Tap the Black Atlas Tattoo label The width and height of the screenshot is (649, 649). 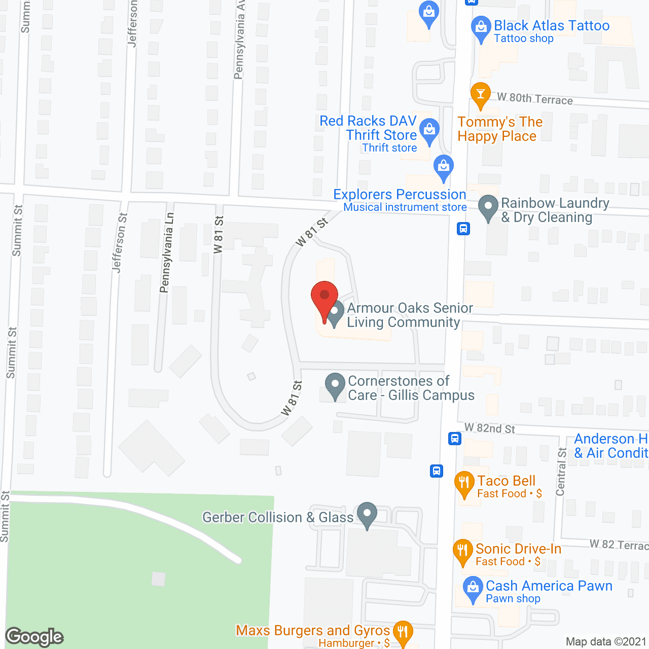click(x=552, y=26)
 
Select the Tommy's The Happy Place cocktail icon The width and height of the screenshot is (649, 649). click(x=480, y=95)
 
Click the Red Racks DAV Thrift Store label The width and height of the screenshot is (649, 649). click(x=368, y=128)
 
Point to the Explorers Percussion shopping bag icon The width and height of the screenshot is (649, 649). click(x=444, y=167)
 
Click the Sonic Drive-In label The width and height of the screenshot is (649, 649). click(x=518, y=549)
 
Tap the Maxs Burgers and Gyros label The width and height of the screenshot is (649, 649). click(x=313, y=630)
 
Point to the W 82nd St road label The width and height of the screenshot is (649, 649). click(x=489, y=428)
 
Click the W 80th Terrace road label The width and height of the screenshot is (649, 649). click(x=535, y=98)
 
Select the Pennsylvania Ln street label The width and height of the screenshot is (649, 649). click(x=166, y=253)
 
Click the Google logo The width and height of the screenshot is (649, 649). click(x=34, y=637)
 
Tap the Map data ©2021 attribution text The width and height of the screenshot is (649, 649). click(x=606, y=641)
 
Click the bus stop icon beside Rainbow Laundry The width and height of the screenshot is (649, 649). click(x=463, y=229)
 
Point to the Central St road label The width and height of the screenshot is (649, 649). click(x=561, y=472)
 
